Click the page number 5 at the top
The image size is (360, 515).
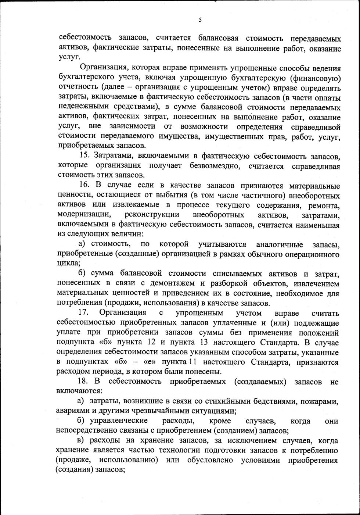click(200, 20)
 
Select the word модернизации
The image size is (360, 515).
click(83, 215)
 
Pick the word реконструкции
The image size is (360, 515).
click(152, 215)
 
